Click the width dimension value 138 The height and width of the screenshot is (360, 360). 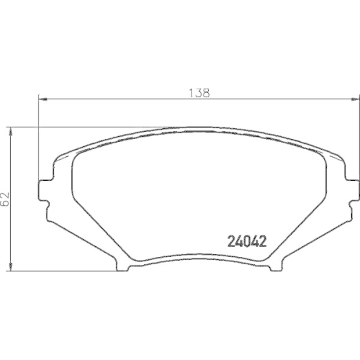[199, 91]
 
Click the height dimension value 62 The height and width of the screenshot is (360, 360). [6, 198]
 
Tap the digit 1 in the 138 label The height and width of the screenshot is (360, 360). [192, 91]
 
